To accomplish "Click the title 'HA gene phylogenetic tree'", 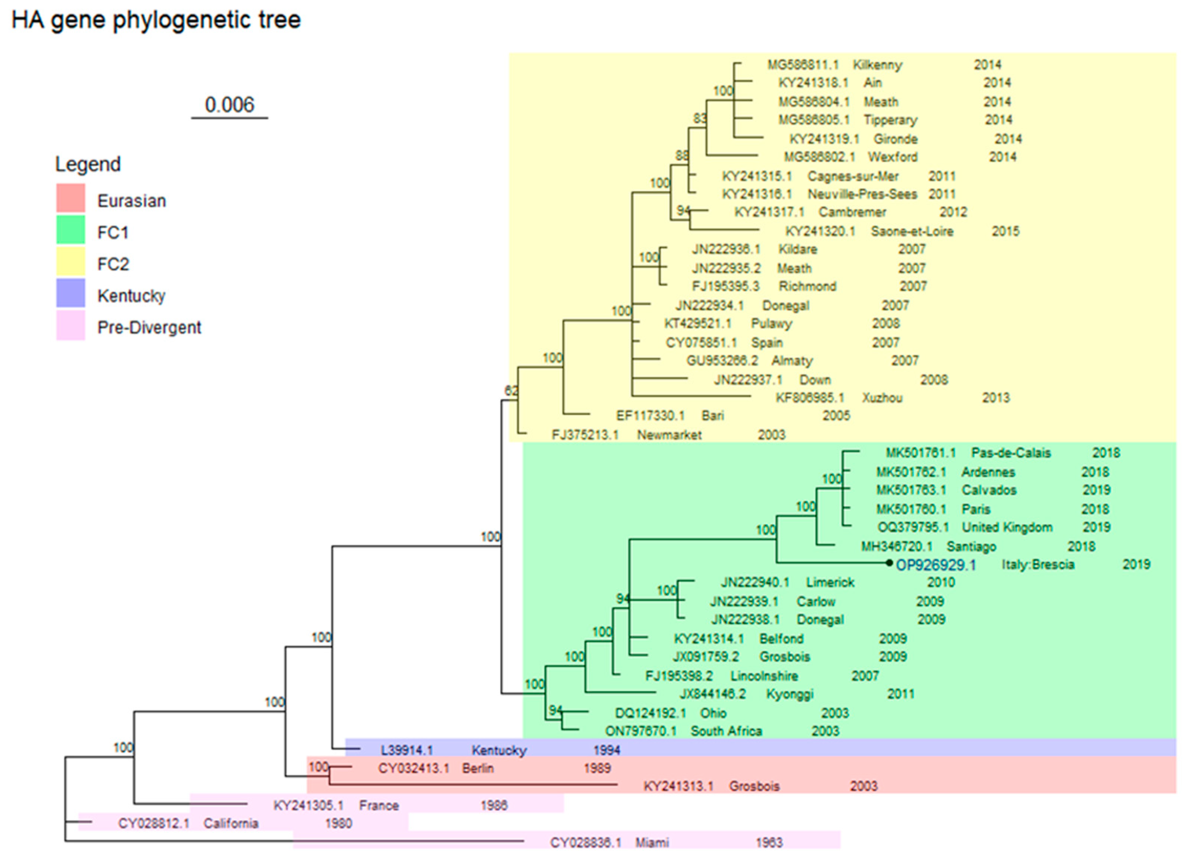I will pos(156,20).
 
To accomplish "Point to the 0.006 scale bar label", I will pos(229,105).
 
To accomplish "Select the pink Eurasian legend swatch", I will pos(70,198).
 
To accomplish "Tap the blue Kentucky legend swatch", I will pos(70,293).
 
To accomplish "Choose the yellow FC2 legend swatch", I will pos(70,261).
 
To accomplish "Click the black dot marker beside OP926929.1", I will pos(889,563).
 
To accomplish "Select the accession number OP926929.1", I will pos(936,565).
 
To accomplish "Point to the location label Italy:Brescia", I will pos(1038,564).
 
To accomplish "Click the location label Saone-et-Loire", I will pos(912,231).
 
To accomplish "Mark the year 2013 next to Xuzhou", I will pos(995,397).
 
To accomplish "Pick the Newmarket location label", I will pos(669,435).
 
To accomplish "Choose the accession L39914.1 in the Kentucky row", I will pos(407,750).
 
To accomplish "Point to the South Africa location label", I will pos(726,731).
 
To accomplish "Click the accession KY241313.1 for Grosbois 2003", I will pos(678,786).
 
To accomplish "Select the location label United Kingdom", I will pos(1007,527).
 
